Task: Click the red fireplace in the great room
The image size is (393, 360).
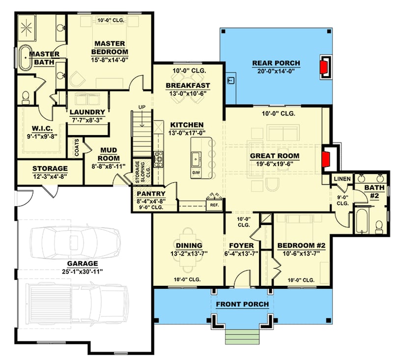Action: click(x=325, y=160)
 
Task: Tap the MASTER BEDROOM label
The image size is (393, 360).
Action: click(x=111, y=48)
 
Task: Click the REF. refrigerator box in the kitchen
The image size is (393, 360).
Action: click(x=215, y=204)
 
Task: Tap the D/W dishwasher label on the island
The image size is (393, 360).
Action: click(x=196, y=173)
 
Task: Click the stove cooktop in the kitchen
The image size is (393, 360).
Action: click(x=159, y=159)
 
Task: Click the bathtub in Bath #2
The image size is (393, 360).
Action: click(x=361, y=221)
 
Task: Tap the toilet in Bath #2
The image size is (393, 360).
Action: click(x=379, y=226)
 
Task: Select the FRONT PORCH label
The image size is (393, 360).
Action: click(x=242, y=304)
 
